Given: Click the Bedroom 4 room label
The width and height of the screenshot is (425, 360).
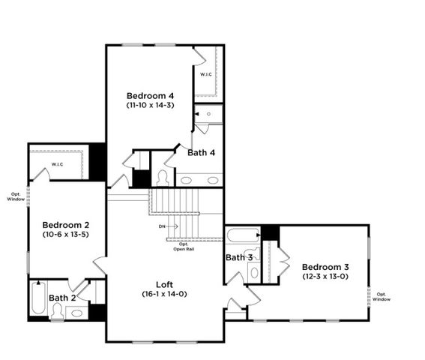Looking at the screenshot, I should coord(150,96).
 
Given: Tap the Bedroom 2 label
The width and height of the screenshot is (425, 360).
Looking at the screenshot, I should coord(66,225).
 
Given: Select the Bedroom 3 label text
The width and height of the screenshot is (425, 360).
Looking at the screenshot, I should coord(325,267).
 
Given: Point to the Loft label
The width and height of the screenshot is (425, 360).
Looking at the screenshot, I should coord(165,284).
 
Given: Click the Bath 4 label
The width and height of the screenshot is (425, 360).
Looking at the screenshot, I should coord(202,153).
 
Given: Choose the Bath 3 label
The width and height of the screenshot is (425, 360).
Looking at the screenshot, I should coord(239,258).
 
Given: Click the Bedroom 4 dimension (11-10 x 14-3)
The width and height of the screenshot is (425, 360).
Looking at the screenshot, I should coord(150,106).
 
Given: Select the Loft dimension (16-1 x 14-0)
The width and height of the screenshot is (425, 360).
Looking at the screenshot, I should coord(165,294).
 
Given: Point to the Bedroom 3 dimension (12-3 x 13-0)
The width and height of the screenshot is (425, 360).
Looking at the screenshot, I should coord(325,277).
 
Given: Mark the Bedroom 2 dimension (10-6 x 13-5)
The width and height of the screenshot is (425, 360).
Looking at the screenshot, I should coord(66,235).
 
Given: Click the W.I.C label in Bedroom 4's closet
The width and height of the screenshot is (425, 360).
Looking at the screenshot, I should coord(206,74).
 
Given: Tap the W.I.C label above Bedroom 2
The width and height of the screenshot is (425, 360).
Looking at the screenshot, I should coord(58,164).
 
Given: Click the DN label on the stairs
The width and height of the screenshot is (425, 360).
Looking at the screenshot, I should coord(162,226).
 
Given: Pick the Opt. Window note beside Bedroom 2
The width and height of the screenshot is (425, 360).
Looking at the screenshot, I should coord(15,196).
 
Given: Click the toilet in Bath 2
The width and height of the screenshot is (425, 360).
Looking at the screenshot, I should coord(58,313).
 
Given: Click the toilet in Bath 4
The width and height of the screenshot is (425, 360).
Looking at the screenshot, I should coord(163,178).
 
